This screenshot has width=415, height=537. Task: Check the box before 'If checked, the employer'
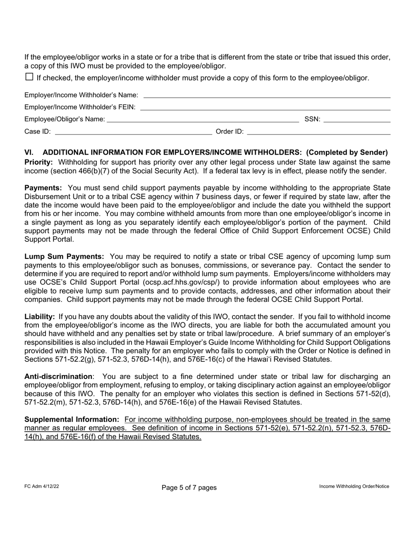click(29, 77)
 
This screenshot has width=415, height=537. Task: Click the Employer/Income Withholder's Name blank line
click(266, 95)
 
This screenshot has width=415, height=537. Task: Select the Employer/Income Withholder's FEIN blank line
click(265, 107)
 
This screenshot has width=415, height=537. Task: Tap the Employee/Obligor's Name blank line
click(203, 119)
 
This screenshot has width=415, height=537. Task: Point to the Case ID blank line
click(133, 131)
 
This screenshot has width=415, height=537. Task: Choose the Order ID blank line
click(318, 131)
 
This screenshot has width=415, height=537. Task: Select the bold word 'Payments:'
click(43, 188)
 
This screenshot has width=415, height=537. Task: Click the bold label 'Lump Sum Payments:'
click(64, 257)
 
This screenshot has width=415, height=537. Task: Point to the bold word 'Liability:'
click(39, 317)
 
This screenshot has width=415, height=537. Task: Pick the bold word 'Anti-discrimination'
click(58, 377)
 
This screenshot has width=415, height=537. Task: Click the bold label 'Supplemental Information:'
click(72, 420)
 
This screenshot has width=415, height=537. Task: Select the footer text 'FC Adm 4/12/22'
click(41, 486)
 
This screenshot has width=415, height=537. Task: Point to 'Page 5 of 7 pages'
click(189, 487)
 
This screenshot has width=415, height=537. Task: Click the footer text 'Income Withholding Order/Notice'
click(354, 486)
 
